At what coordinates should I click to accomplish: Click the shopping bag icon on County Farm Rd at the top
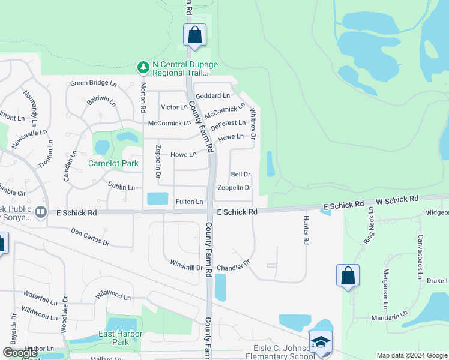pyautogui.click(x=195, y=35)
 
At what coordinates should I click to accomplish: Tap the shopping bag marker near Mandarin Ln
pyautogui.click(x=348, y=275)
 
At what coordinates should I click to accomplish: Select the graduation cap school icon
pyautogui.click(x=321, y=342)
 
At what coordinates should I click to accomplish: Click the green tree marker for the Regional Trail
pyautogui.click(x=143, y=67)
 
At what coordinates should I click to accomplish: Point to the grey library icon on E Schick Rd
pyautogui.click(x=41, y=212)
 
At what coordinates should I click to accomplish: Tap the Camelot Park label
pyautogui.click(x=113, y=163)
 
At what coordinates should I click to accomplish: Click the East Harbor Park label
pyautogui.click(x=121, y=338)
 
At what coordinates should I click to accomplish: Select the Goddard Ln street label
pyautogui.click(x=212, y=95)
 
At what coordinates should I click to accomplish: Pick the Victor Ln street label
pyautogui.click(x=174, y=107)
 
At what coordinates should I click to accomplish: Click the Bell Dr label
pyautogui.click(x=240, y=175)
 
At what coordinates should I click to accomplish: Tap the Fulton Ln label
pyautogui.click(x=189, y=202)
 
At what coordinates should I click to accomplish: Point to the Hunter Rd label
pyautogui.click(x=306, y=229)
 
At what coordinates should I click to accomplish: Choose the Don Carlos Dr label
pyautogui.click(x=90, y=238)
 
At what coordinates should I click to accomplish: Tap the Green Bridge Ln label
pyautogui.click(x=93, y=83)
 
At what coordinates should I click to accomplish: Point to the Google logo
pyautogui.click(x=20, y=353)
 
